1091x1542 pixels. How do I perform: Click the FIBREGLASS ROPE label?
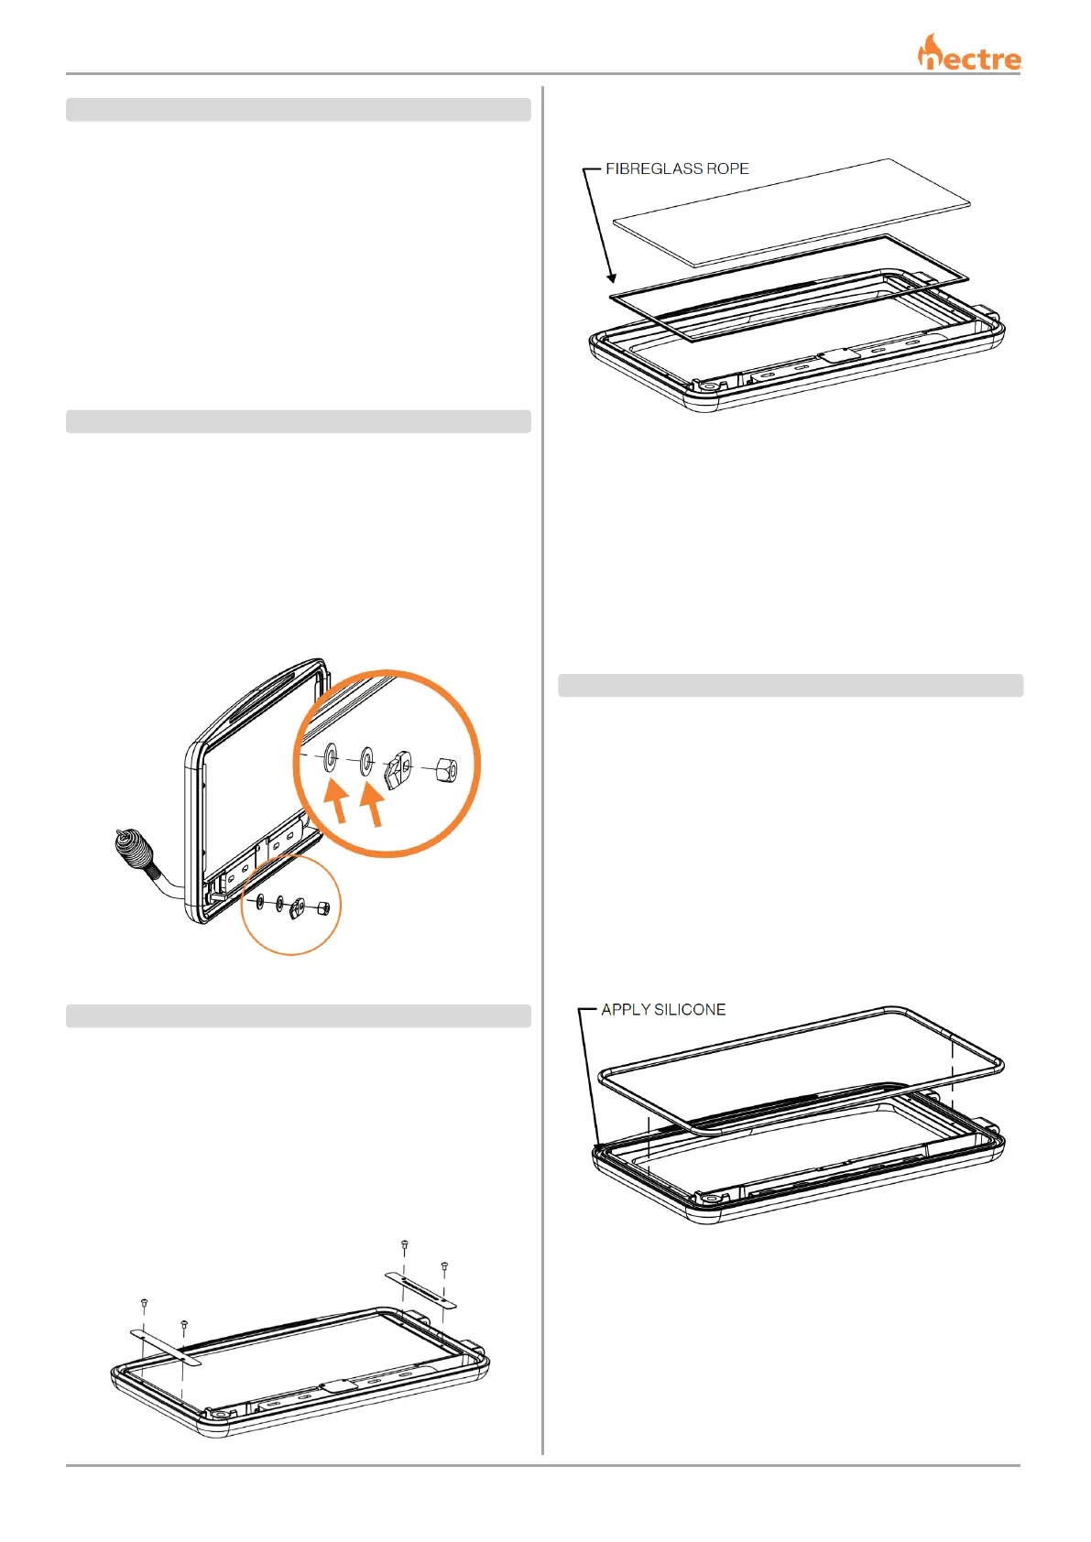(677, 168)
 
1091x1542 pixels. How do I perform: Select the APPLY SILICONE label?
(663, 1009)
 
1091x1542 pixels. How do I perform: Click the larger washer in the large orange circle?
(331, 757)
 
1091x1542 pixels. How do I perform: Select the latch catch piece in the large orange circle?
(398, 767)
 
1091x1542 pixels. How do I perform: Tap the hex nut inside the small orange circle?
(322, 909)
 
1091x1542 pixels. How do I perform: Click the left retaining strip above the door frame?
(165, 1346)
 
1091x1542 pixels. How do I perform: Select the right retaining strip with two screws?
(420, 1289)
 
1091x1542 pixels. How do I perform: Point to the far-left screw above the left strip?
(144, 1303)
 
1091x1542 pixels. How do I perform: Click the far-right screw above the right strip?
(444, 1267)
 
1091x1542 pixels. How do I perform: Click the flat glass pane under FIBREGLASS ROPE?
(791, 212)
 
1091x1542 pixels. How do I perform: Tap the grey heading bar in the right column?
(791, 686)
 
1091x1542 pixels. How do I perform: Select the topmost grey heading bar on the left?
(299, 110)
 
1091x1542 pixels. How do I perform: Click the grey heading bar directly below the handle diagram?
(299, 1015)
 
